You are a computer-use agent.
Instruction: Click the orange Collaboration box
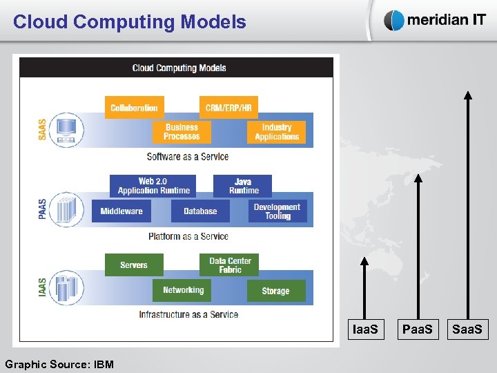(135, 108)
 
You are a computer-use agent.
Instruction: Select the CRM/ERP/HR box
(228, 108)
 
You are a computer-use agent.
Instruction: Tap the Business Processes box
(182, 132)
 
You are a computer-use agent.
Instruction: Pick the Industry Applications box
(277, 132)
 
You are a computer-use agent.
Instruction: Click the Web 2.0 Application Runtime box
(153, 186)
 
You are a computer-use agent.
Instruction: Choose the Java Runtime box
(243, 186)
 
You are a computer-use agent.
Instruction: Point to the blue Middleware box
(121, 211)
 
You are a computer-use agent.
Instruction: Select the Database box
(200, 211)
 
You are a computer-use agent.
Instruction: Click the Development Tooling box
(277, 211)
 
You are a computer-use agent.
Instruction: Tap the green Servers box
(134, 265)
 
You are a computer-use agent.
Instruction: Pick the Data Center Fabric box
(230, 265)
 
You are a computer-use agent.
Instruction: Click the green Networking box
(182, 290)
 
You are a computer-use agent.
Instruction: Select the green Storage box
(276, 291)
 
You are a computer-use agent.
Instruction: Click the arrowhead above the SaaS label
(468, 96)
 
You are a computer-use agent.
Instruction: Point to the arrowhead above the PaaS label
(418, 178)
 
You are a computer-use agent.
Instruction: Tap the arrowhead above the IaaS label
(365, 261)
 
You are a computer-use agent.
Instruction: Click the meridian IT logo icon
(394, 21)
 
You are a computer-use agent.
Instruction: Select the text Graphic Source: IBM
(59, 364)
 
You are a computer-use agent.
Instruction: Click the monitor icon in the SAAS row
(67, 129)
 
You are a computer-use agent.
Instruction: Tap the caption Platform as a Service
(188, 236)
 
